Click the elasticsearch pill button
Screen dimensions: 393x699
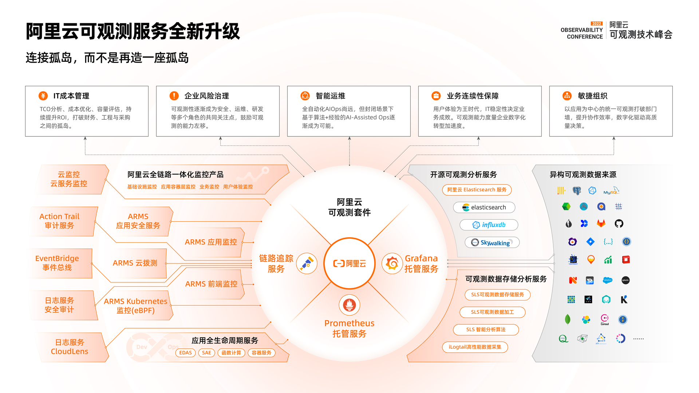click(484, 207)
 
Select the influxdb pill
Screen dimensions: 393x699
click(489, 225)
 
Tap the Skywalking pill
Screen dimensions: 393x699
click(492, 242)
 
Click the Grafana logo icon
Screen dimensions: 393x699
click(392, 263)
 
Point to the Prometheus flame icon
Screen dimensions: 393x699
click(349, 305)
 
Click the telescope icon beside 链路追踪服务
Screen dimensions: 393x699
click(307, 263)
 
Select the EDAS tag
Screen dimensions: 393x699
click(185, 353)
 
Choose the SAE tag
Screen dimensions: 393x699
click(206, 353)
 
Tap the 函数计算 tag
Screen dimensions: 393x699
click(231, 353)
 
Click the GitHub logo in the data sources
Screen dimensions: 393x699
click(619, 223)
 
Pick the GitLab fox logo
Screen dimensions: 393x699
click(601, 223)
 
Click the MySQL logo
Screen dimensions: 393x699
click(611, 191)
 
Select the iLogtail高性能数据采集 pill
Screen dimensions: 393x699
click(475, 347)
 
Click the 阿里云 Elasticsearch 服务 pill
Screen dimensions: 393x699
click(477, 190)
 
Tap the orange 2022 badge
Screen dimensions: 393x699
click(597, 24)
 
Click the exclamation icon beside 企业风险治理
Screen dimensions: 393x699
click(174, 96)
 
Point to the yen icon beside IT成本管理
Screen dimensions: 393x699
click(43, 96)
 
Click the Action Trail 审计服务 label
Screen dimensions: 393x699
click(59, 221)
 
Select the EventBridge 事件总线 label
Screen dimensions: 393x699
click(57, 263)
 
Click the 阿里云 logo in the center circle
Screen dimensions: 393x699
click(349, 263)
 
